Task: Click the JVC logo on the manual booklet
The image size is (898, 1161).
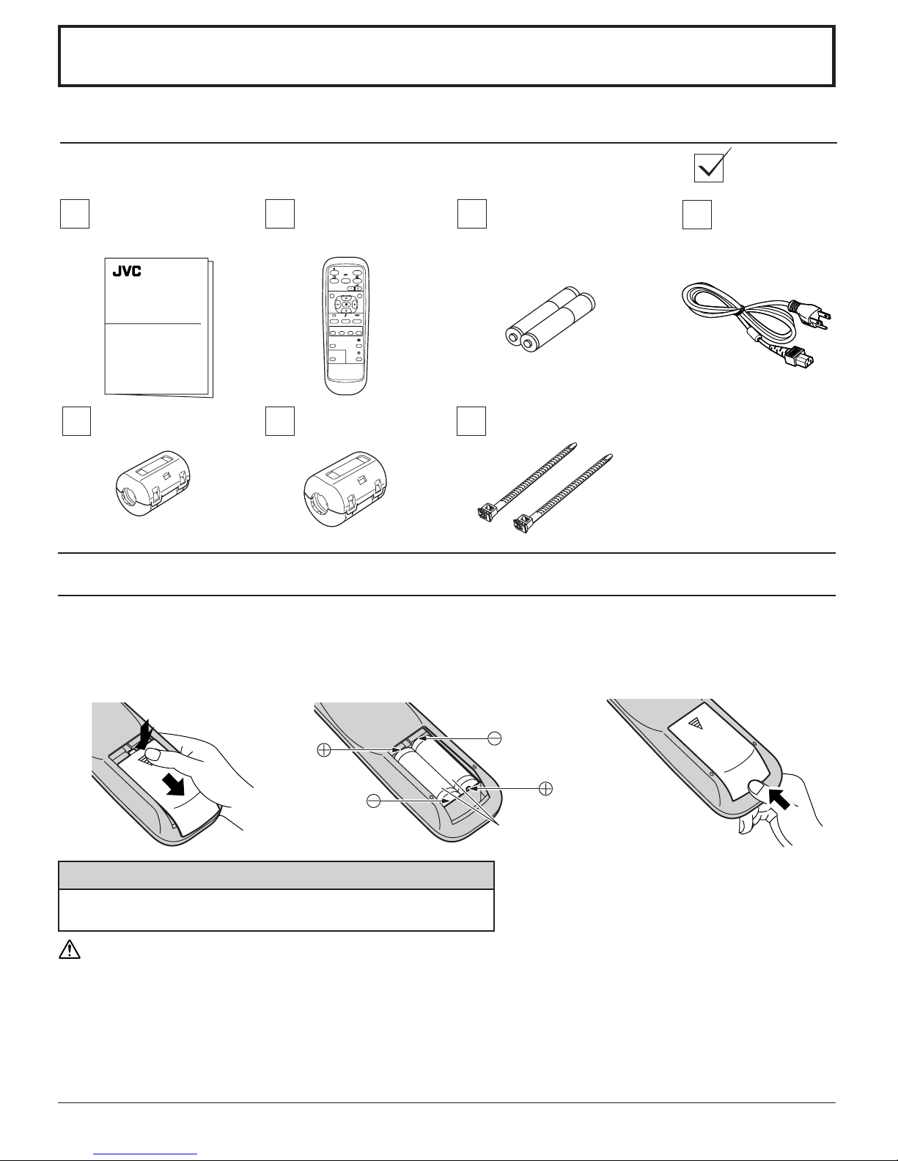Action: point(127,271)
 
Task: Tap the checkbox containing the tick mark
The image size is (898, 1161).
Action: point(709,168)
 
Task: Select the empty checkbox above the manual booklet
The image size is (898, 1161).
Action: point(74,214)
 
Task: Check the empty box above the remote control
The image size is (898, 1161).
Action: point(279,214)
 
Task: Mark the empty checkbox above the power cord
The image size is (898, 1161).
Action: point(696,214)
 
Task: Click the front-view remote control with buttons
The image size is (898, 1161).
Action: point(346,326)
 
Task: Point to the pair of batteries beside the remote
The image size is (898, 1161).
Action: point(550,319)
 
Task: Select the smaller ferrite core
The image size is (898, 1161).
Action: point(153,483)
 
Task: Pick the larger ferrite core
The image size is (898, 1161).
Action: point(345,489)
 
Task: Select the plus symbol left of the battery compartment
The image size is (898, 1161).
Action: point(323,749)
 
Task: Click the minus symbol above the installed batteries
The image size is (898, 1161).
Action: point(494,739)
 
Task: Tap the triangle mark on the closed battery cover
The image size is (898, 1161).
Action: point(694,724)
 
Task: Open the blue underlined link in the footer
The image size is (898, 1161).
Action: point(145,1153)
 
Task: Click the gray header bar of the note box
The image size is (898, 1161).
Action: point(276,875)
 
